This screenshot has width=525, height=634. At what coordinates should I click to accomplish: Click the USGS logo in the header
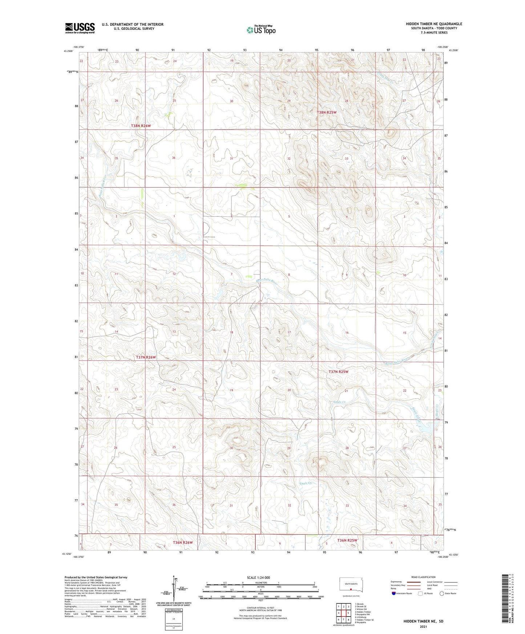pos(80,28)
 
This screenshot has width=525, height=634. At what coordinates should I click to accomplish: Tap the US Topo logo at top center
pos(261,30)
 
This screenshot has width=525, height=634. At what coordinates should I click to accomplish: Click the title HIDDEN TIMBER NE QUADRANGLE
pos(434,24)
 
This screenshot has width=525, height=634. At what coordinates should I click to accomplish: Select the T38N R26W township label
pos(141,126)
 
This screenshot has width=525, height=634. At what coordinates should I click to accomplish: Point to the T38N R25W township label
pos(327,113)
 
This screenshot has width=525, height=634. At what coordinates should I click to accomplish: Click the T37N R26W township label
pos(146,357)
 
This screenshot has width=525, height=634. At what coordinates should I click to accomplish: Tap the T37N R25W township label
pos(338,372)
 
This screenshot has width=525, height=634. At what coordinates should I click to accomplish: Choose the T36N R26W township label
pos(183,542)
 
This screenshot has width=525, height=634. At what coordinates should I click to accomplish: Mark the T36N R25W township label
pos(348,540)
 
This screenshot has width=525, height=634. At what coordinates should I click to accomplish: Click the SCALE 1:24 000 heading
pos(258,578)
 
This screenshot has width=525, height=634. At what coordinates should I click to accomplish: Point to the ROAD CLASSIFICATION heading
pos(423,577)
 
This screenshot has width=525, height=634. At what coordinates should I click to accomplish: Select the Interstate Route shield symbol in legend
pos(394,593)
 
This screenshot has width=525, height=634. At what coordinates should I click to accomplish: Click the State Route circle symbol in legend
pos(441,593)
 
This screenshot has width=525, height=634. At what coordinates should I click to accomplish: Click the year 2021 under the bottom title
pos(423,627)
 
